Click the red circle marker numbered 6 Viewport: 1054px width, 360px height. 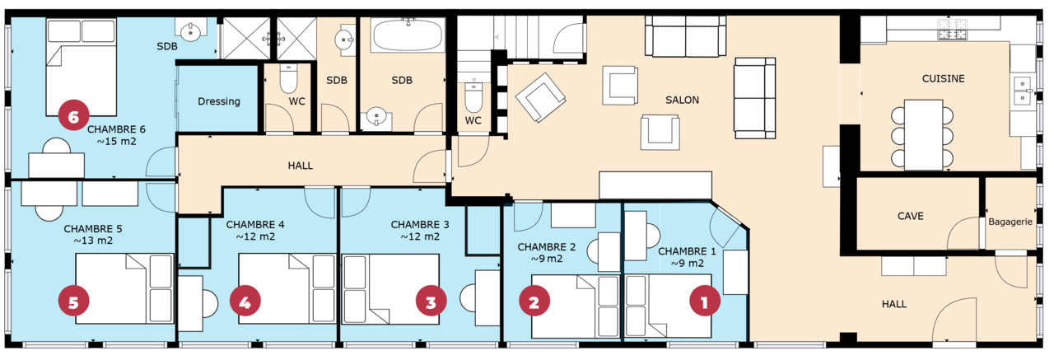[73, 118]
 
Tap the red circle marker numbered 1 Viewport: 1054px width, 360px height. [704, 302]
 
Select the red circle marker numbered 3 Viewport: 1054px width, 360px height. [431, 302]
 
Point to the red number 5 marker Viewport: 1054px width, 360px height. [73, 302]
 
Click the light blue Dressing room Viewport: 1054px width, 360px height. [218, 101]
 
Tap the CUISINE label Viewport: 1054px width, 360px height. [943, 79]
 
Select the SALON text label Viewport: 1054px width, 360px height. [682, 101]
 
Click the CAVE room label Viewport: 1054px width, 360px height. [910, 216]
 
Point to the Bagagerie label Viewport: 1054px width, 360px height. [1010, 222]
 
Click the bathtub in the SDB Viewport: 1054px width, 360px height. [408, 36]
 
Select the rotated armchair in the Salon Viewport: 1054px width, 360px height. [540, 96]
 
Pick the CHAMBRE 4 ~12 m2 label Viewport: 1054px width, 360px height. [255, 230]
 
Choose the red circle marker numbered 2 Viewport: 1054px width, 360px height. [534, 302]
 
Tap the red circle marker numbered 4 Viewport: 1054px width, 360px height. [245, 302]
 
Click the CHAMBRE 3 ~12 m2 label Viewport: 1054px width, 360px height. [420, 230]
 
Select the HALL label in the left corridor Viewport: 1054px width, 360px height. [301, 166]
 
